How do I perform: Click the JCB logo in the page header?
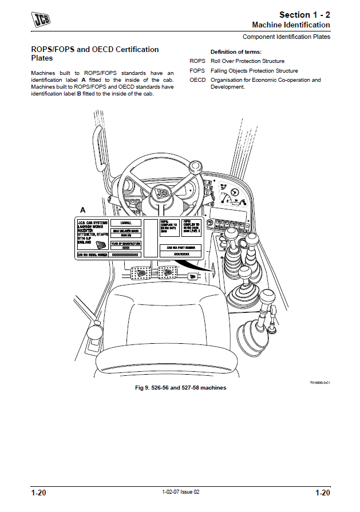click(41, 20)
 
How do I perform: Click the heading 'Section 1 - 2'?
click(304, 14)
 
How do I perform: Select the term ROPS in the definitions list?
click(197, 61)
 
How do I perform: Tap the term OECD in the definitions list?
click(197, 80)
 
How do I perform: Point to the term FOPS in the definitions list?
click(197, 70)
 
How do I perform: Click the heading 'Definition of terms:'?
click(236, 51)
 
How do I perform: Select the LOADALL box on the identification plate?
click(126, 223)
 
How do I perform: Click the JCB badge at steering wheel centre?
click(163, 193)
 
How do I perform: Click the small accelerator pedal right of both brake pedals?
click(193, 276)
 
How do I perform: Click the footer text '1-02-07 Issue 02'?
click(180, 492)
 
